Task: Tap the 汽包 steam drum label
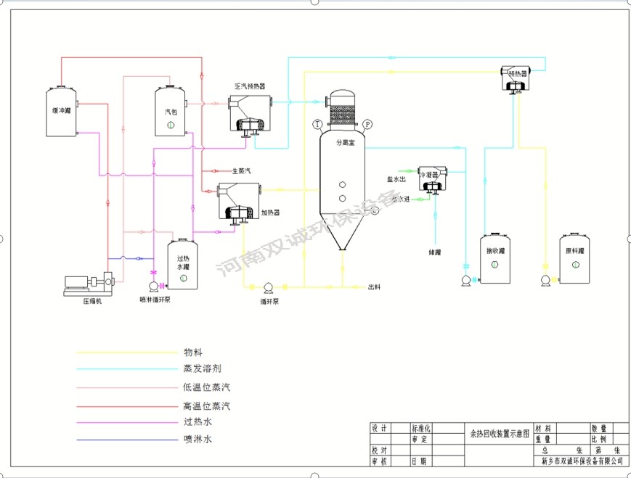pos(171,111)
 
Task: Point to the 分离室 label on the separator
pos(344,143)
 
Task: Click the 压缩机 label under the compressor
pos(92,301)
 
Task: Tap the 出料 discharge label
pos(375,287)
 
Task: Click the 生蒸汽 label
pos(241,171)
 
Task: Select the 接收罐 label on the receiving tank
pos(495,251)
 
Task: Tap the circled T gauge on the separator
pos(318,124)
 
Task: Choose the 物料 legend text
pos(192,352)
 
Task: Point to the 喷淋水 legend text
pos(197,439)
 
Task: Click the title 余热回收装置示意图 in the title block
pos(497,433)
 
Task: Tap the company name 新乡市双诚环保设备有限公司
pos(582,461)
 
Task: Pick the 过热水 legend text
pos(197,421)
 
